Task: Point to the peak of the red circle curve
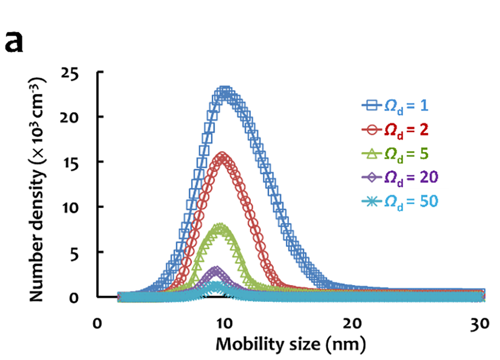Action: click(x=223, y=157)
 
